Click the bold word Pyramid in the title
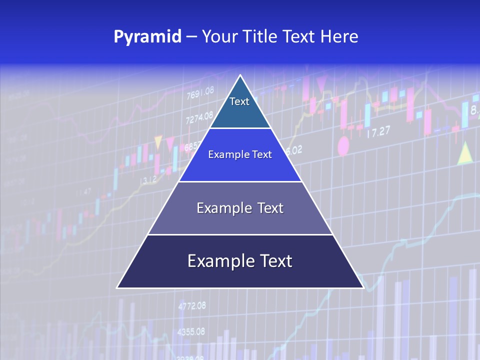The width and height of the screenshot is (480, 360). pyautogui.click(x=147, y=37)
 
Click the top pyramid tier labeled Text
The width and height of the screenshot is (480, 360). pyautogui.click(x=240, y=107)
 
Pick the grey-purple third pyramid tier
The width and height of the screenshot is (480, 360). pyautogui.click(x=240, y=208)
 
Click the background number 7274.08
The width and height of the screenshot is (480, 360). pyautogui.click(x=199, y=119)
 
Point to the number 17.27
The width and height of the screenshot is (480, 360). pyautogui.click(x=378, y=132)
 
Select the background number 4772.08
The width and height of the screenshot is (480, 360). pyautogui.click(x=191, y=305)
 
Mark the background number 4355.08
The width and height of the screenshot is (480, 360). pyautogui.click(x=191, y=331)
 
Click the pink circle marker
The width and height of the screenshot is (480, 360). pyautogui.click(x=343, y=146)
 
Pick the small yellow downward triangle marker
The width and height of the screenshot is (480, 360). pyautogui.click(x=158, y=142)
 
